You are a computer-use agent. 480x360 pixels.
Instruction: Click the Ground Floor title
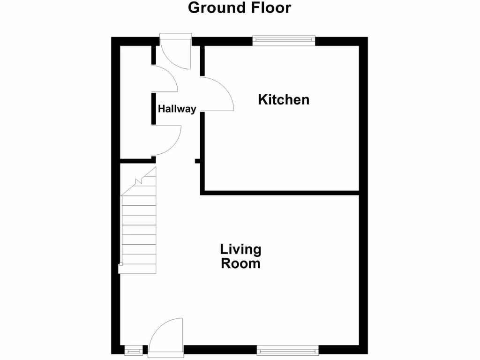pyautogui.click(x=240, y=8)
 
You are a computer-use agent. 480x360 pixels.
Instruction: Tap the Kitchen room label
pyautogui.click(x=284, y=99)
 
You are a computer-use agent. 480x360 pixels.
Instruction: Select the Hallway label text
pyautogui.click(x=177, y=109)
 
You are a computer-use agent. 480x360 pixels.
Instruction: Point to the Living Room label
pyautogui.click(x=240, y=256)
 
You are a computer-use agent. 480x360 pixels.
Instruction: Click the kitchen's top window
pyautogui.click(x=284, y=41)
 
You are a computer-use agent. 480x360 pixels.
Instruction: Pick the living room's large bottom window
pyautogui.click(x=287, y=349)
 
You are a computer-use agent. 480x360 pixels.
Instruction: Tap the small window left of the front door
pyautogui.click(x=133, y=349)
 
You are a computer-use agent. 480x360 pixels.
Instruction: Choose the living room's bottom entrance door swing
pyautogui.click(x=165, y=334)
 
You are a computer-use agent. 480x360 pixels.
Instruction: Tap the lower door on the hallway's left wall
pyautogui.click(x=167, y=141)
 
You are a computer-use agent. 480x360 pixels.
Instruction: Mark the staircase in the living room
pyautogui.click(x=139, y=225)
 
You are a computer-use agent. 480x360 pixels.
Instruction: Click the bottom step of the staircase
pyautogui.click(x=139, y=269)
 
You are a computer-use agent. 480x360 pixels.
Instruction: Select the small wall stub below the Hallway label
pyautogui.click(x=197, y=162)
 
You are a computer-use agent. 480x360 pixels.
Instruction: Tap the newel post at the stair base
pyautogui.click(x=120, y=268)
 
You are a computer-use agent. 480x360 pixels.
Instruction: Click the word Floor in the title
pyautogui.click(x=270, y=8)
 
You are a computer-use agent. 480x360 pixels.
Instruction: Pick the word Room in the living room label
pyautogui.click(x=240, y=263)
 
